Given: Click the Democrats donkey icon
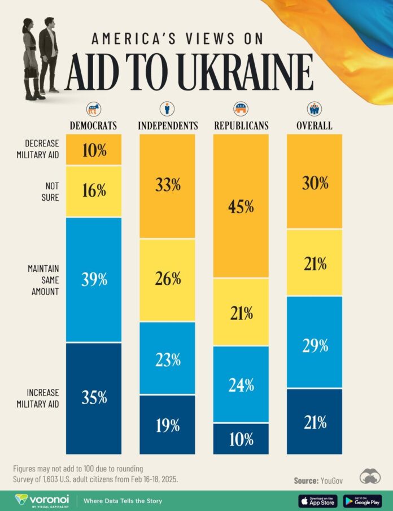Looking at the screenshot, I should point(93,109).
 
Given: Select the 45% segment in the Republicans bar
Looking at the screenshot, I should point(241,206).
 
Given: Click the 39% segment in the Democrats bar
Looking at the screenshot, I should point(93,279).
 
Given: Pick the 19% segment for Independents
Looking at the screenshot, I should point(167,424).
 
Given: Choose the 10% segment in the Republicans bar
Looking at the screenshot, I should point(241,438).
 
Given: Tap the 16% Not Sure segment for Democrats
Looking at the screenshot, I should point(93,190).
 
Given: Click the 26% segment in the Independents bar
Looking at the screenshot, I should point(167,280).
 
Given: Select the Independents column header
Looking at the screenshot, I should point(167,125).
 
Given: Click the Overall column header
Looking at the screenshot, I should point(314,125).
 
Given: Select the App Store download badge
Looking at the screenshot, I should point(318,500).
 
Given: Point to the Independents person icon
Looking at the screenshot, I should point(167,109).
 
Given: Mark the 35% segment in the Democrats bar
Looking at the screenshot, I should point(93,397).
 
